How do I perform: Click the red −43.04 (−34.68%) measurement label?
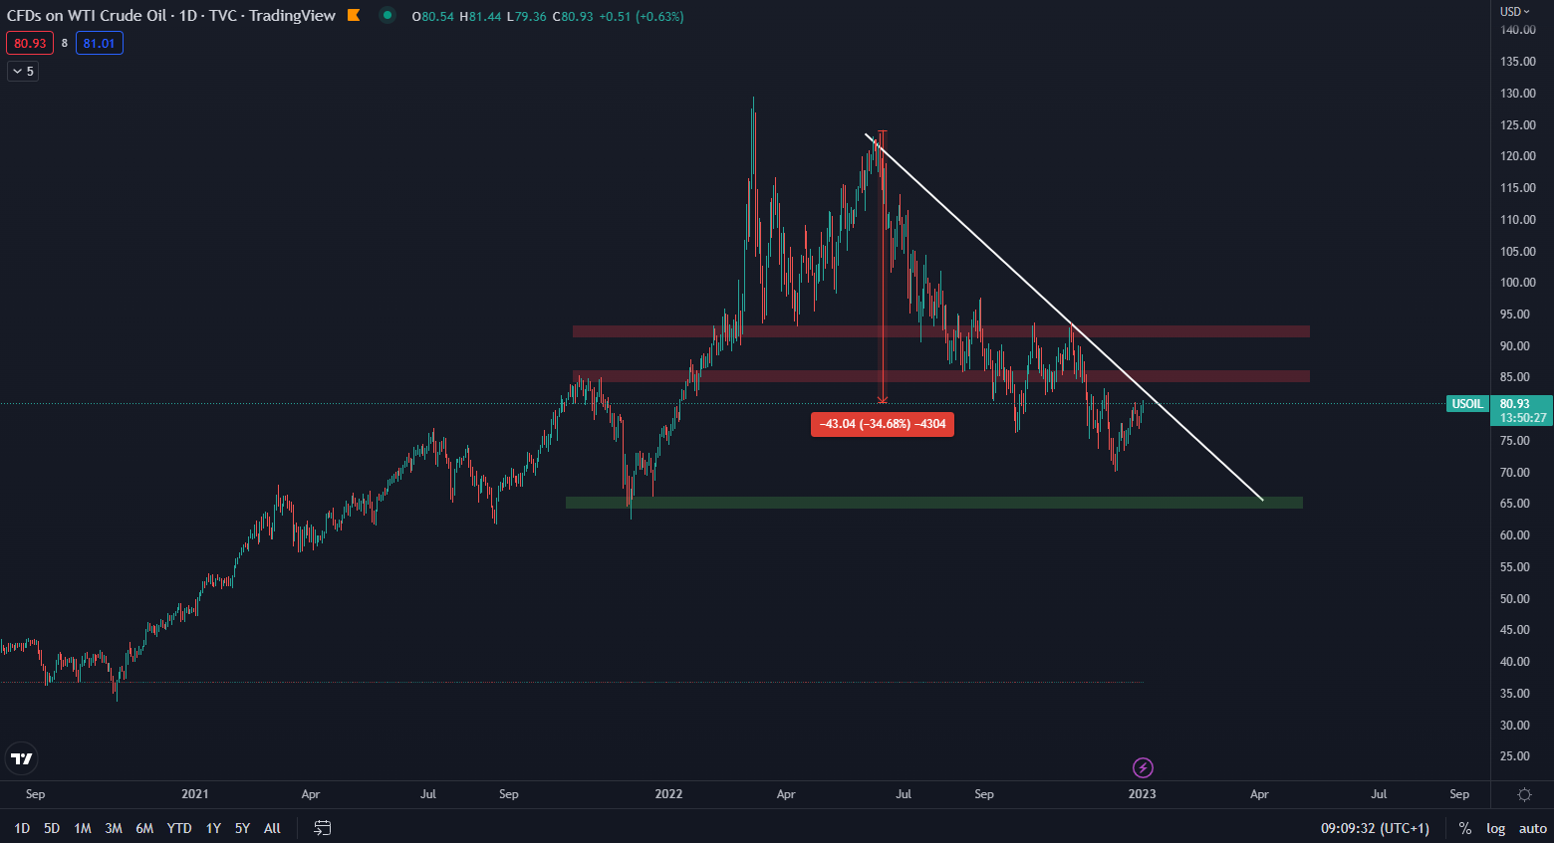tap(883, 424)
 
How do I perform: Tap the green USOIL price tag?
tap(1467, 404)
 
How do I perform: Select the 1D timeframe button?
tap(22, 828)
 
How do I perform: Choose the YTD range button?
tap(179, 828)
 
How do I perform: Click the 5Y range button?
tap(242, 828)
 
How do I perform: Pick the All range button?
tap(272, 828)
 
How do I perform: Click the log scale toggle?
tap(1495, 828)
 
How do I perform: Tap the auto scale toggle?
tap(1532, 828)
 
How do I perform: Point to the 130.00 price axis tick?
tap(1518, 94)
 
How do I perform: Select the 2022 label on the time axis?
tap(668, 794)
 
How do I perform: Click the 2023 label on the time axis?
tap(1142, 794)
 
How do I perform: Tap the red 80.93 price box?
tap(30, 44)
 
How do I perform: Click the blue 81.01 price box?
tap(100, 44)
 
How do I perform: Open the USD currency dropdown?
tap(1515, 12)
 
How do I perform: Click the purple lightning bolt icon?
tap(1143, 767)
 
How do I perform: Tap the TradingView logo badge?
tap(21, 758)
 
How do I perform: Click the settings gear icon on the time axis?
tap(1524, 794)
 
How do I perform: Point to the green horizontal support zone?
tap(933, 503)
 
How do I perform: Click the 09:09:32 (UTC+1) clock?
tap(1375, 828)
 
